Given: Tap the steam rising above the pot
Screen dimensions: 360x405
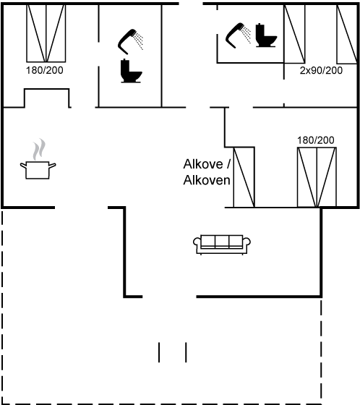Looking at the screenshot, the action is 39,149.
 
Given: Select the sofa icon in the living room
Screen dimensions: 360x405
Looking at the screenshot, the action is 222,244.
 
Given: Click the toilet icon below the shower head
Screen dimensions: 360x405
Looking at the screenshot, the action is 131,71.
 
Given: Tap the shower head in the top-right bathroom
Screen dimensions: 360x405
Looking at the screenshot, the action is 238,35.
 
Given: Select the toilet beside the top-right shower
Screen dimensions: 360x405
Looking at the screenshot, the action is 266,35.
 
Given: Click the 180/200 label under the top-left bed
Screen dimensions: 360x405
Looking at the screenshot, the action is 44,70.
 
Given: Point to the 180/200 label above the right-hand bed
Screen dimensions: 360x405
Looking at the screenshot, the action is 316,140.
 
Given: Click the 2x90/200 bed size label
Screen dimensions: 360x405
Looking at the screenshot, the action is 321,71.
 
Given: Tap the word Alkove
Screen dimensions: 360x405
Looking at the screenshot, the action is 203,164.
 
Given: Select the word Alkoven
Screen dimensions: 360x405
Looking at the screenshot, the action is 207,180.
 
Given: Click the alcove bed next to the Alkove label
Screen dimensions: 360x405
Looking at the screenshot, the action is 244,177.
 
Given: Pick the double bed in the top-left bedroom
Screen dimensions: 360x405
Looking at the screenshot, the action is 46,33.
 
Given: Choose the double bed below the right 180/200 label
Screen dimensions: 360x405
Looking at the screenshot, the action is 317,177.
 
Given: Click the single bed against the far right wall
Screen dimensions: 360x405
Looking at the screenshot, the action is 347,34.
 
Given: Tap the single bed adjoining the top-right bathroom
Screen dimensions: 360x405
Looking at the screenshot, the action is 294,34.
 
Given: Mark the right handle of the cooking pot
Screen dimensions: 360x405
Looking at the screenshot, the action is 52,166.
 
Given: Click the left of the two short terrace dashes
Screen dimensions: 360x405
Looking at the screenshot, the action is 159,352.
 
